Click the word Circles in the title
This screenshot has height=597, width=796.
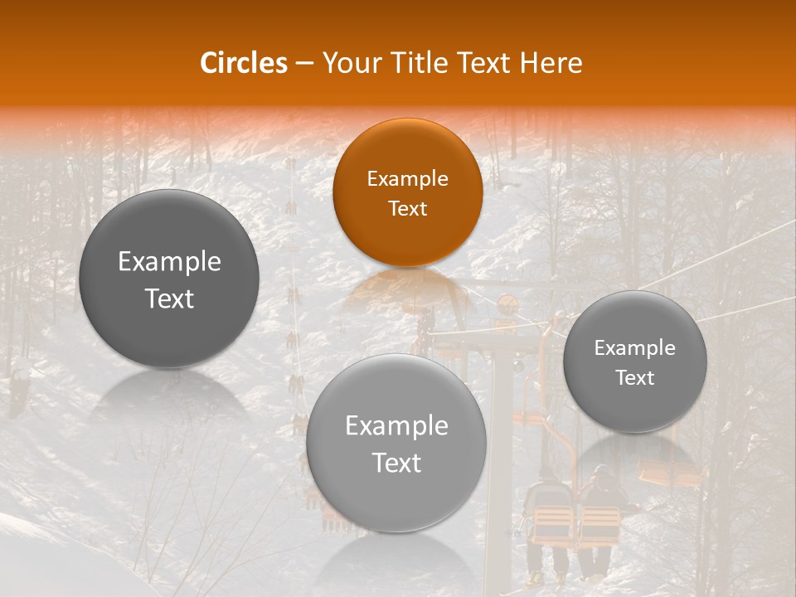(x=244, y=63)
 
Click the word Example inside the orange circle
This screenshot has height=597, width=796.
(x=407, y=178)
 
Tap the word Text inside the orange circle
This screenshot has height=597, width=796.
(x=407, y=208)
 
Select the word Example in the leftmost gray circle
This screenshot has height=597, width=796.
(x=169, y=261)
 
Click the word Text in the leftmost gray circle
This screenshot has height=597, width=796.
(x=169, y=298)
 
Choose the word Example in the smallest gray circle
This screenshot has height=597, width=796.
(x=634, y=348)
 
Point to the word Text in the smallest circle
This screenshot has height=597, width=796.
(x=634, y=378)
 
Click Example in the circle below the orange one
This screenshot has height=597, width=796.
(x=396, y=425)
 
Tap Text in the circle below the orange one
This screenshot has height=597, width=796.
(x=396, y=463)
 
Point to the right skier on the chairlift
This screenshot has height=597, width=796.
(x=604, y=494)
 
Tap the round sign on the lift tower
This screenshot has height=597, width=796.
(x=507, y=304)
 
